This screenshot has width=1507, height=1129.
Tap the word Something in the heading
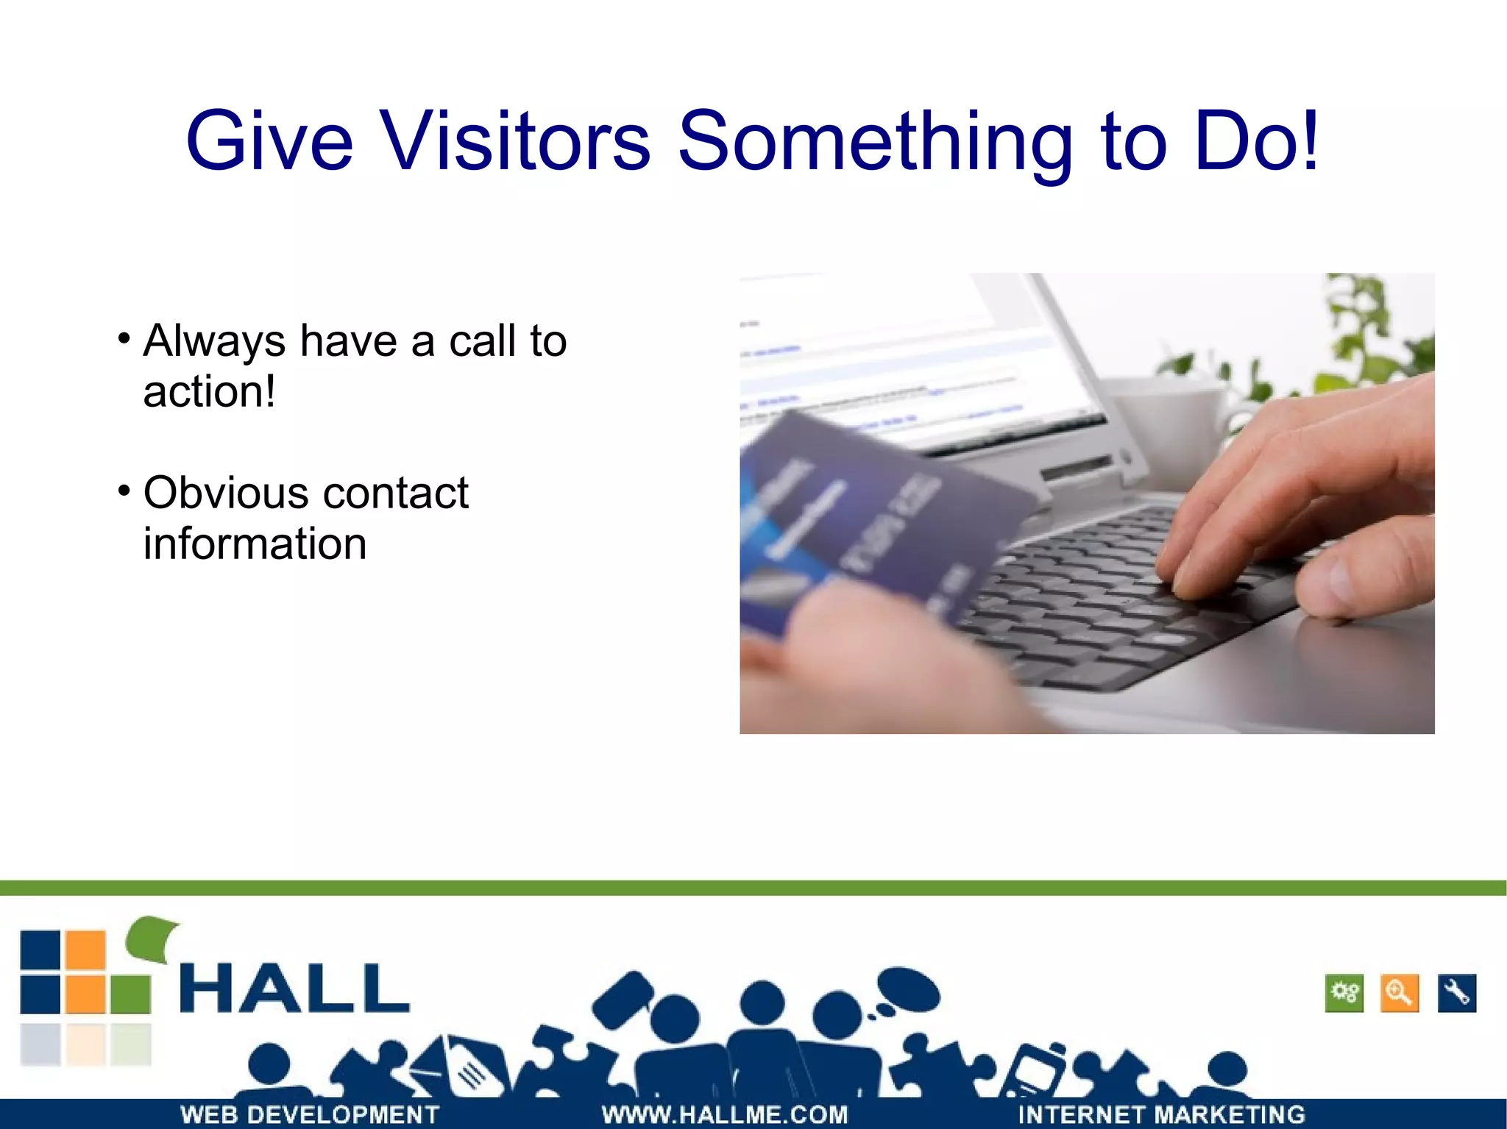coord(874,141)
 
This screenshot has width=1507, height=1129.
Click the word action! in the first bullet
coord(209,391)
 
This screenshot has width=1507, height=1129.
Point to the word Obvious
coord(221,492)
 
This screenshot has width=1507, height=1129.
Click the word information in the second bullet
coord(255,544)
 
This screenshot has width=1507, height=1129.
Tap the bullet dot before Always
coord(124,339)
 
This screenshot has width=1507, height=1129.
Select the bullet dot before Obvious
coord(124,491)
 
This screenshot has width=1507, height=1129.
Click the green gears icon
coord(1344,993)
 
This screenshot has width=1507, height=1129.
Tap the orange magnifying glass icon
coord(1400,993)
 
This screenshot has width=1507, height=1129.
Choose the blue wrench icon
coord(1456,993)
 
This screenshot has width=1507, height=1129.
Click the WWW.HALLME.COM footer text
coord(724,1114)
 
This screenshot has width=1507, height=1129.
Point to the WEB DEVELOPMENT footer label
coord(310,1114)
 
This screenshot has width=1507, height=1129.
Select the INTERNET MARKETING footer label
coord(1161,1114)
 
